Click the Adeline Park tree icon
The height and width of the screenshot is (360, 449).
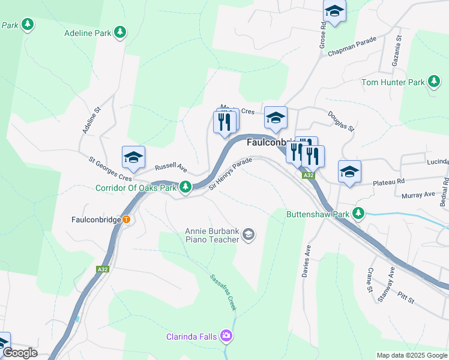coord(120,32)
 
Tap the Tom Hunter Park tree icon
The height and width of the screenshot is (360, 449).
coord(433,82)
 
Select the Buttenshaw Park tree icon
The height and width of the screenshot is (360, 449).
coord(358,213)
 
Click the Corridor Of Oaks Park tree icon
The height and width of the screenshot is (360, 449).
coord(185,188)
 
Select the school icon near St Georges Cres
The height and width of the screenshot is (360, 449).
coord(133,157)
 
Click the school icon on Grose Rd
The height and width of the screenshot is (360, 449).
coord(334,10)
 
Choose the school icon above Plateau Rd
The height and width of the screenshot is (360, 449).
coord(349,172)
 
